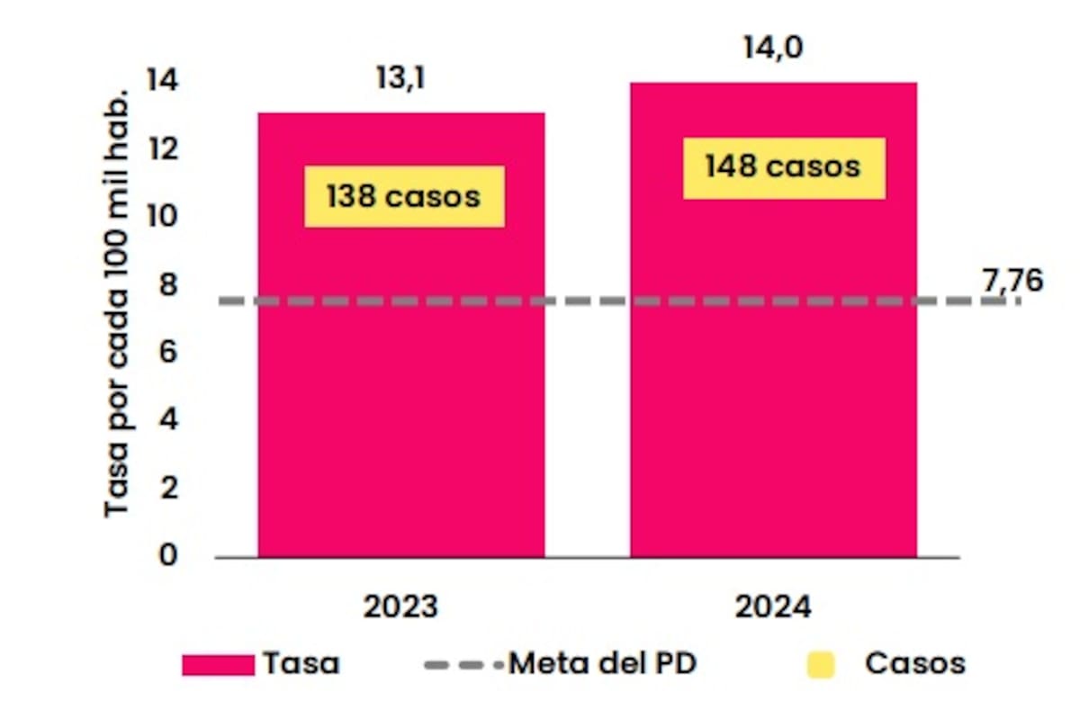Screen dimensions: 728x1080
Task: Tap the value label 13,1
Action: [x=400, y=78]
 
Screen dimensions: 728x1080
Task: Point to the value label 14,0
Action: [x=772, y=48]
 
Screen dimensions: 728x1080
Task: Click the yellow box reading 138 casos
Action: [x=404, y=196]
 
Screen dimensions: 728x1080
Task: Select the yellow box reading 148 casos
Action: [x=783, y=167]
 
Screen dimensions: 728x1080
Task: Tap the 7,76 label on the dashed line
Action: [x=1012, y=281]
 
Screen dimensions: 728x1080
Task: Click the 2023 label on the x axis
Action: [x=400, y=607]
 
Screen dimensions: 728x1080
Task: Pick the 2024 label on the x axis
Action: [x=773, y=607]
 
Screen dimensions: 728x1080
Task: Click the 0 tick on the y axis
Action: [x=169, y=556]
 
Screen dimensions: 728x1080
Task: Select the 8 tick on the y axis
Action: [x=169, y=284]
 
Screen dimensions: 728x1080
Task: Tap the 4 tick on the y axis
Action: [x=169, y=420]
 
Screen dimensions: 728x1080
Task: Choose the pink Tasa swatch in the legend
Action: [x=218, y=665]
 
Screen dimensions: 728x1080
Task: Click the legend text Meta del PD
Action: [x=602, y=664]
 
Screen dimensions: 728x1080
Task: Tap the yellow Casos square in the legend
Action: [x=821, y=665]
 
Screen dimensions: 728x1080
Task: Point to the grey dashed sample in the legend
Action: [x=463, y=665]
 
